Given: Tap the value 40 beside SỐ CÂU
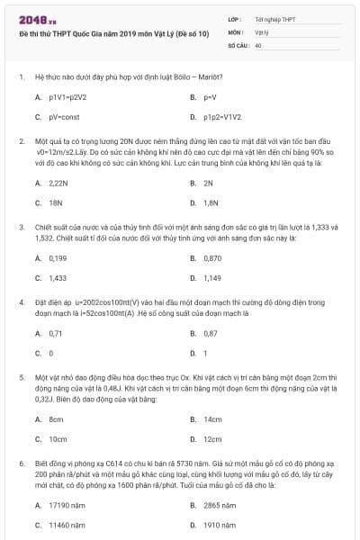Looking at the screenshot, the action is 258,43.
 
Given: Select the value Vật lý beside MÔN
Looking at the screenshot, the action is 262,31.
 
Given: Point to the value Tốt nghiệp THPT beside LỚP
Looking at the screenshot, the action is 275,18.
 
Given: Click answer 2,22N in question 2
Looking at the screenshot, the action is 58,183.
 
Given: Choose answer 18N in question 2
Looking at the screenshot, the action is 56,202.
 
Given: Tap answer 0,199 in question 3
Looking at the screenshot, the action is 58,257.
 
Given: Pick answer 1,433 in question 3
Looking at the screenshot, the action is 58,278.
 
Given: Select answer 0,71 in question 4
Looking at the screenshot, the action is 56,333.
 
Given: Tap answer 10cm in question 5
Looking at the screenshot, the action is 58,439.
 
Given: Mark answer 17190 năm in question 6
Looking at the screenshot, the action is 67,505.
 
